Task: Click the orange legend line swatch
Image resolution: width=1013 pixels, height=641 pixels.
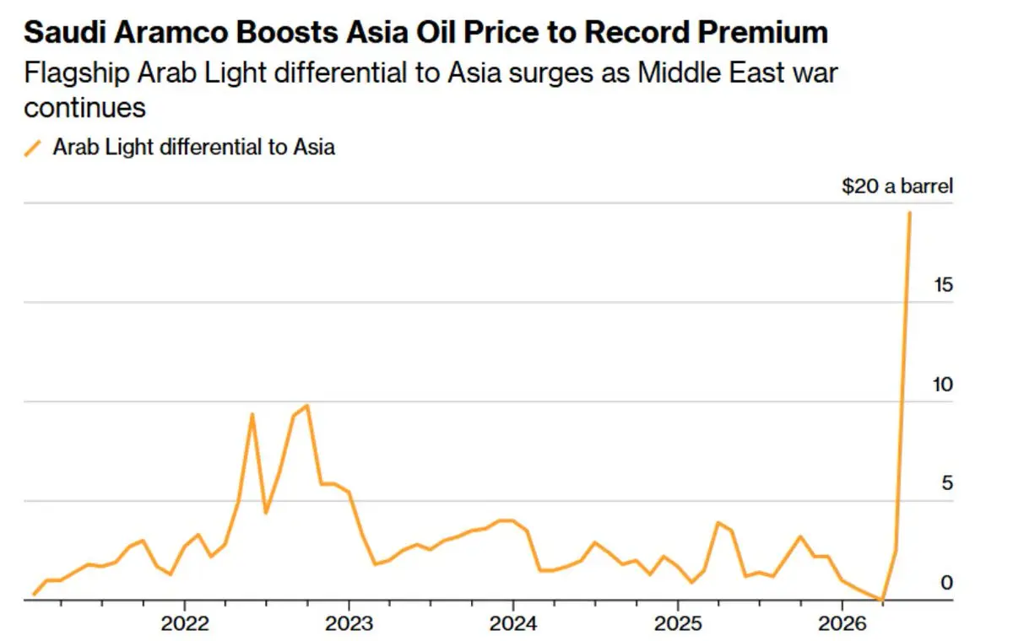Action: coord(33,148)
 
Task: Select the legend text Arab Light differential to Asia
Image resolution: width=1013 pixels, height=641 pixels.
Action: coord(193,147)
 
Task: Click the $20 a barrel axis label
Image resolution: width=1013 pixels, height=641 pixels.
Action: coord(897,186)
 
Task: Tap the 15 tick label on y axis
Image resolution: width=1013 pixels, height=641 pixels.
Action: coord(942,285)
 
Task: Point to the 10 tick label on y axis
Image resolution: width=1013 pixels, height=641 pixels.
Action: coord(942,385)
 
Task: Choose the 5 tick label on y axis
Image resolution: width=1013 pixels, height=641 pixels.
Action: coord(947,484)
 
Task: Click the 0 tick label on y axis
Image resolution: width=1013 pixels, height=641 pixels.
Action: coord(947,583)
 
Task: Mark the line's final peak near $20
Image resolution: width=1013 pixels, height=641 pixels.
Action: coord(909,212)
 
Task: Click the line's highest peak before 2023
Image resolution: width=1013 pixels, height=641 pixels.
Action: coord(306,406)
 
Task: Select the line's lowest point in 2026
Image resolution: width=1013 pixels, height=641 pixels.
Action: coord(881,600)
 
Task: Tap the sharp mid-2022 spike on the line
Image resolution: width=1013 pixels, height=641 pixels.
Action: coord(252,414)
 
